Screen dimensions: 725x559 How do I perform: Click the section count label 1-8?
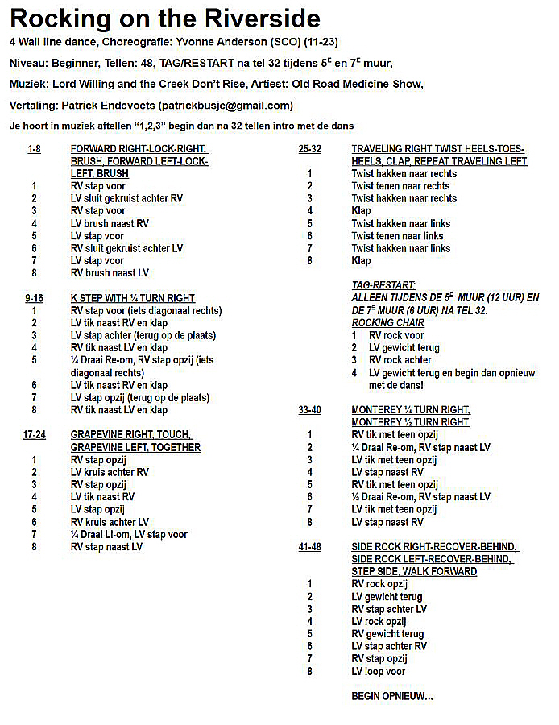(x=34, y=149)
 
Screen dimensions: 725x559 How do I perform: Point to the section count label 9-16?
(x=34, y=298)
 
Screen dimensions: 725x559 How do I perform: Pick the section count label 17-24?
(x=34, y=435)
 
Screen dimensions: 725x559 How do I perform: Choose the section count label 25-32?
(x=309, y=149)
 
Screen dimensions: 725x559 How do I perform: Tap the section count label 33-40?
(x=309, y=410)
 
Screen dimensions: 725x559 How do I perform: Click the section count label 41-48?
(x=309, y=547)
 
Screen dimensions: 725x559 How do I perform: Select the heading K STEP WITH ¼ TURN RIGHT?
(x=133, y=298)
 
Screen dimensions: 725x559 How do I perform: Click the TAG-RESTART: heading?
(x=383, y=286)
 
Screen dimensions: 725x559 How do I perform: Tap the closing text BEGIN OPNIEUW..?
(x=391, y=696)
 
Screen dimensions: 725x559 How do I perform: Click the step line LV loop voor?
(x=379, y=671)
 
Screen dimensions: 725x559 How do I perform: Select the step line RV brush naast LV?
(x=110, y=273)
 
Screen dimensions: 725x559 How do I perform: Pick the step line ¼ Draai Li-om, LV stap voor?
(x=129, y=534)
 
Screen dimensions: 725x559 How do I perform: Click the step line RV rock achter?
(x=400, y=360)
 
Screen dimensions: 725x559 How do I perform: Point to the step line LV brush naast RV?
(x=110, y=223)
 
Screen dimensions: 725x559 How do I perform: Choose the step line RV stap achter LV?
(x=389, y=609)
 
